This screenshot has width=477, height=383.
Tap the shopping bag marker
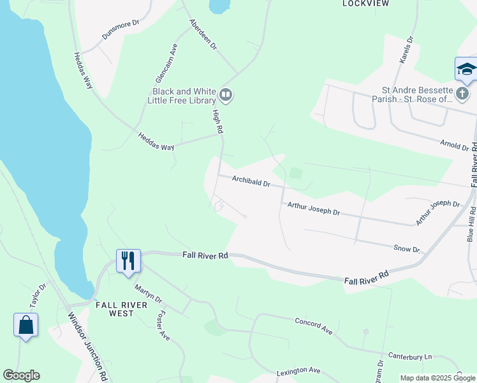click(x=26, y=325)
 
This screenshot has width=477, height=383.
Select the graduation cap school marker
click(x=466, y=69)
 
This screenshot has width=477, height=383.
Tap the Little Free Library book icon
click(x=226, y=96)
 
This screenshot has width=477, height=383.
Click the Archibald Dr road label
click(x=251, y=181)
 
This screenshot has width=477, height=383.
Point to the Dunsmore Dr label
click(x=119, y=33)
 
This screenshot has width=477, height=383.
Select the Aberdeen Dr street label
click(x=203, y=34)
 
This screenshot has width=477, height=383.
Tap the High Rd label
click(x=218, y=121)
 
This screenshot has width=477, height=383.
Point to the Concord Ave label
click(x=314, y=326)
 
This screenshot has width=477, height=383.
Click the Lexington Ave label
click(x=298, y=370)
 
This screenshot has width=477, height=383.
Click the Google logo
click(x=21, y=375)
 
